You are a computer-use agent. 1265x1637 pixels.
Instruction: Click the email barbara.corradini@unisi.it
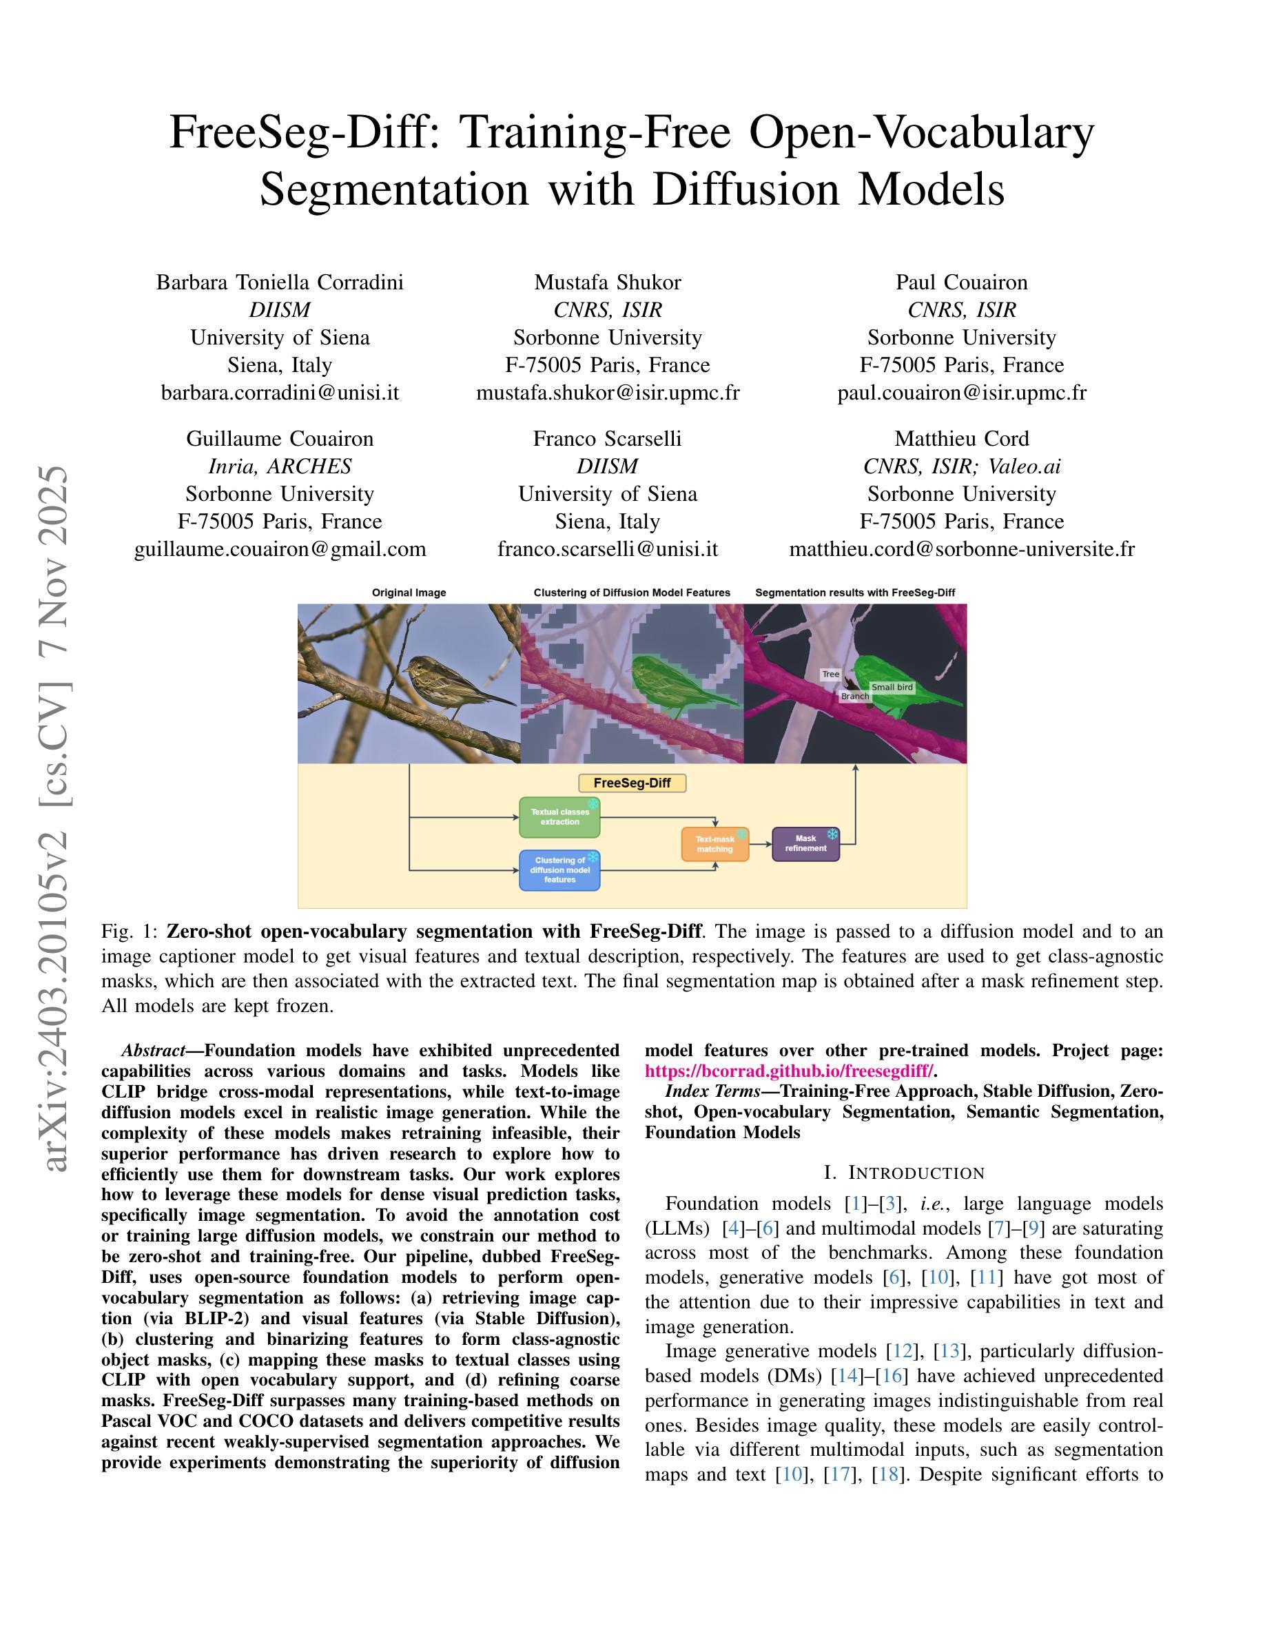click(x=280, y=393)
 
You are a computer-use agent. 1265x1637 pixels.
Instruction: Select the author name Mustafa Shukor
click(x=607, y=282)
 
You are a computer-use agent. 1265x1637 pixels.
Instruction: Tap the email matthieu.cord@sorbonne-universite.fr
click(x=961, y=549)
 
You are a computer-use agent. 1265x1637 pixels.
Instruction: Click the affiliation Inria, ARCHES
click(x=280, y=467)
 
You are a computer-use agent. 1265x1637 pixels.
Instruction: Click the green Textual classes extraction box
click(x=559, y=817)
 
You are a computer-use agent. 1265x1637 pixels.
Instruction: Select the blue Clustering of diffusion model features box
click(x=559, y=869)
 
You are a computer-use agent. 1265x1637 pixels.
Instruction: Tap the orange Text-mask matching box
click(x=715, y=844)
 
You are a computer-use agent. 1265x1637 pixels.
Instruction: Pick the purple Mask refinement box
click(x=805, y=844)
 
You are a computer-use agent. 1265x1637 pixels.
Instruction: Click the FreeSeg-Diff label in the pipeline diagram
click(x=632, y=783)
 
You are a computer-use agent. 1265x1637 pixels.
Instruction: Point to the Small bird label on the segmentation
click(x=892, y=688)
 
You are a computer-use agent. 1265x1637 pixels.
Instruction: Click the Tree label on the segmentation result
click(x=830, y=674)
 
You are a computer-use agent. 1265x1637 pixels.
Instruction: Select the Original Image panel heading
click(x=409, y=593)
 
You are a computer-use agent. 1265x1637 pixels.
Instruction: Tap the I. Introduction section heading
click(x=904, y=1172)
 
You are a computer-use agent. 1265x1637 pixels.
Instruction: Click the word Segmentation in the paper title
click(x=394, y=189)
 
